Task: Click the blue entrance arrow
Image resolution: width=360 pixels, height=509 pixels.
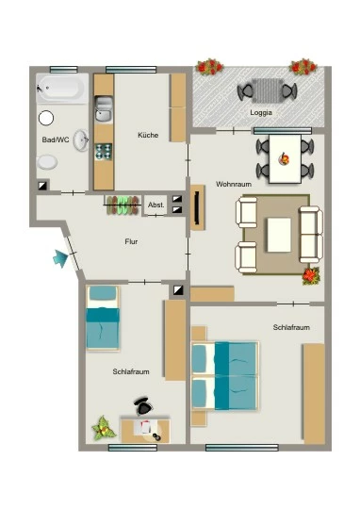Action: pos(60,258)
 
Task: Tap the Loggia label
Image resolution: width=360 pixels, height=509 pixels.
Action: pos(261,113)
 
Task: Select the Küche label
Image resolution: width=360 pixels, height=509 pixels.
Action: pos(148,135)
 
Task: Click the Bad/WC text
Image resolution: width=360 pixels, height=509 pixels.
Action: pos(56,140)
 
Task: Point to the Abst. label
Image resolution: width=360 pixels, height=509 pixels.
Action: pos(156,205)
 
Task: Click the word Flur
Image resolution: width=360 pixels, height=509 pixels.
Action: pos(131,241)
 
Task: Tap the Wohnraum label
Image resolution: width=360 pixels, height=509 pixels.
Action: pos(234,184)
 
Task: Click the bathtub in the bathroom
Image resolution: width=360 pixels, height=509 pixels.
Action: pos(62,88)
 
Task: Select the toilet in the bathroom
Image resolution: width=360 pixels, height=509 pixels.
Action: pos(47,162)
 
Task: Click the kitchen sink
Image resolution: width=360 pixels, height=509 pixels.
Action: pos(104,109)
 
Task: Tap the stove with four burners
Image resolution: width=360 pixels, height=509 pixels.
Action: pos(104,152)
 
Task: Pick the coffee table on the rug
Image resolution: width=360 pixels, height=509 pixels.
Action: pos(279,235)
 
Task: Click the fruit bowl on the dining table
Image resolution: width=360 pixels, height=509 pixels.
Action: pos(284,158)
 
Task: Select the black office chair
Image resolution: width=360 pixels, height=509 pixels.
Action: pos(142,406)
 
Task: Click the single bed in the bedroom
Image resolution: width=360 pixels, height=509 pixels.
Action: pos(103,318)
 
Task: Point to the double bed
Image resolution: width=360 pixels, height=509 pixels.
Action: pos(225,375)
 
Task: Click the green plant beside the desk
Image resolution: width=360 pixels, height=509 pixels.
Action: pos(104,428)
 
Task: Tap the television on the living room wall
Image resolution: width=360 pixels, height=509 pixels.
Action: pos(197,207)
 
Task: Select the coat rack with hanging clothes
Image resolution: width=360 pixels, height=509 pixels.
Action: pos(123,205)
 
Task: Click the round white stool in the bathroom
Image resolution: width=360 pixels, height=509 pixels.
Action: pos(46,118)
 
